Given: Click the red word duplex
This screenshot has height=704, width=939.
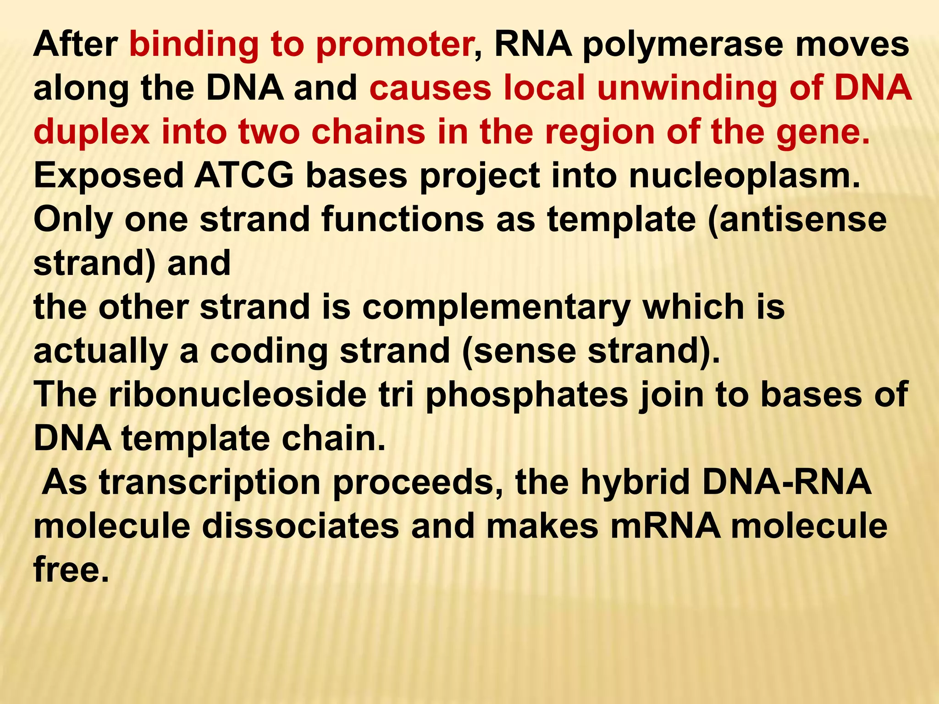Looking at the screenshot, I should [x=91, y=133].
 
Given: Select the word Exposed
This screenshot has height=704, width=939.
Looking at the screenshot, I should [x=109, y=176].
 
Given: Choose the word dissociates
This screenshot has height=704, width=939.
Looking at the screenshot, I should [x=300, y=526].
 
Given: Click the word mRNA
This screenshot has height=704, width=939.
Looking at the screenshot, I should [x=665, y=526].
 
